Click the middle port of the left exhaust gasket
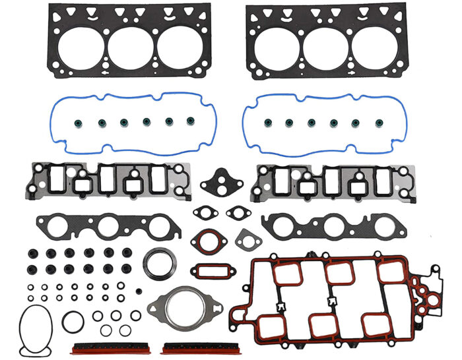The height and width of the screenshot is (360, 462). tap(108, 227)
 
